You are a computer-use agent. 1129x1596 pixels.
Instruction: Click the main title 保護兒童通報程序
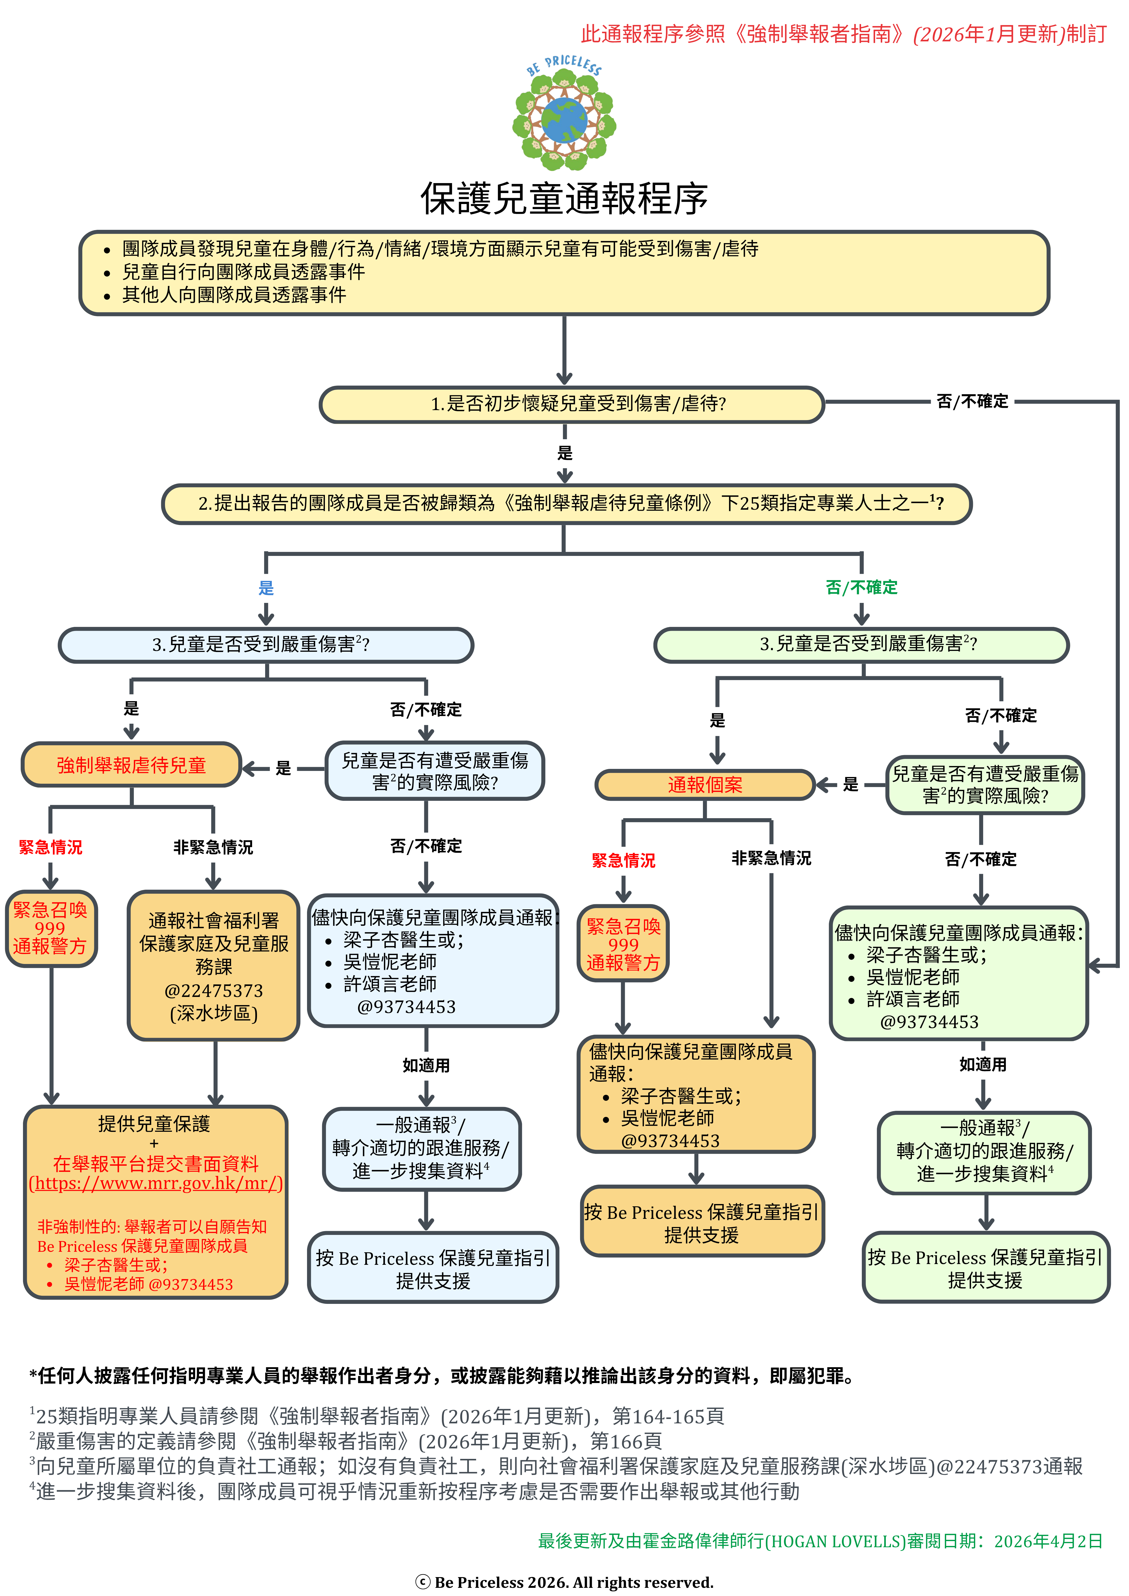pyautogui.click(x=564, y=199)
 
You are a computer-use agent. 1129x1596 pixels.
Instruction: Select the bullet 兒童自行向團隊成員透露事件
pyautogui.click(x=243, y=272)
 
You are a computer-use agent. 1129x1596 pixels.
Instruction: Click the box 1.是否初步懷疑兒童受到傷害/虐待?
pyautogui.click(x=571, y=404)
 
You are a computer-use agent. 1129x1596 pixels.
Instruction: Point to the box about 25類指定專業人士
pyautogui.click(x=567, y=503)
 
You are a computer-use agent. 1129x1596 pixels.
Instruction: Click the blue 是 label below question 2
pyautogui.click(x=266, y=588)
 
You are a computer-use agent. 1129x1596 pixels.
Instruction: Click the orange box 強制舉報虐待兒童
pyautogui.click(x=131, y=765)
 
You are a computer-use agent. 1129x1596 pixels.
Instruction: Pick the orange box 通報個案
pyautogui.click(x=705, y=785)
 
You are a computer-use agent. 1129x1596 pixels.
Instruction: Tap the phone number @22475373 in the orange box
pyautogui.click(x=214, y=991)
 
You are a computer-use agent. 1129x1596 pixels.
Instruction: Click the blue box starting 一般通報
pyautogui.click(x=421, y=1148)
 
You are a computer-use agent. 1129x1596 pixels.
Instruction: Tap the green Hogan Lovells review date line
pyautogui.click(x=820, y=1541)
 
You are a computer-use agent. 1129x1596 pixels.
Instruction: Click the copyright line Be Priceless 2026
pyautogui.click(x=564, y=1582)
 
